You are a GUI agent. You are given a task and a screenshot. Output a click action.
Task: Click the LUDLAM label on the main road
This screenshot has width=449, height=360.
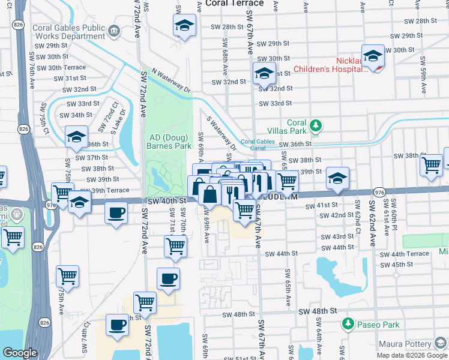[278, 196]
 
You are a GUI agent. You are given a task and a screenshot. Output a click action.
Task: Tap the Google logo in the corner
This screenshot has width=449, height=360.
[20, 353]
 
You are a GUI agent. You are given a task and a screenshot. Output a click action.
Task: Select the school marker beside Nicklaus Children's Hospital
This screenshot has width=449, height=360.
[372, 56]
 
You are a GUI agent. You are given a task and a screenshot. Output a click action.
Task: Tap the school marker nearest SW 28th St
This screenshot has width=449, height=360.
[184, 25]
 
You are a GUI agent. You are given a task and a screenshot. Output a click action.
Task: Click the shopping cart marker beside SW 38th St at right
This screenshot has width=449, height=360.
[431, 165]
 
